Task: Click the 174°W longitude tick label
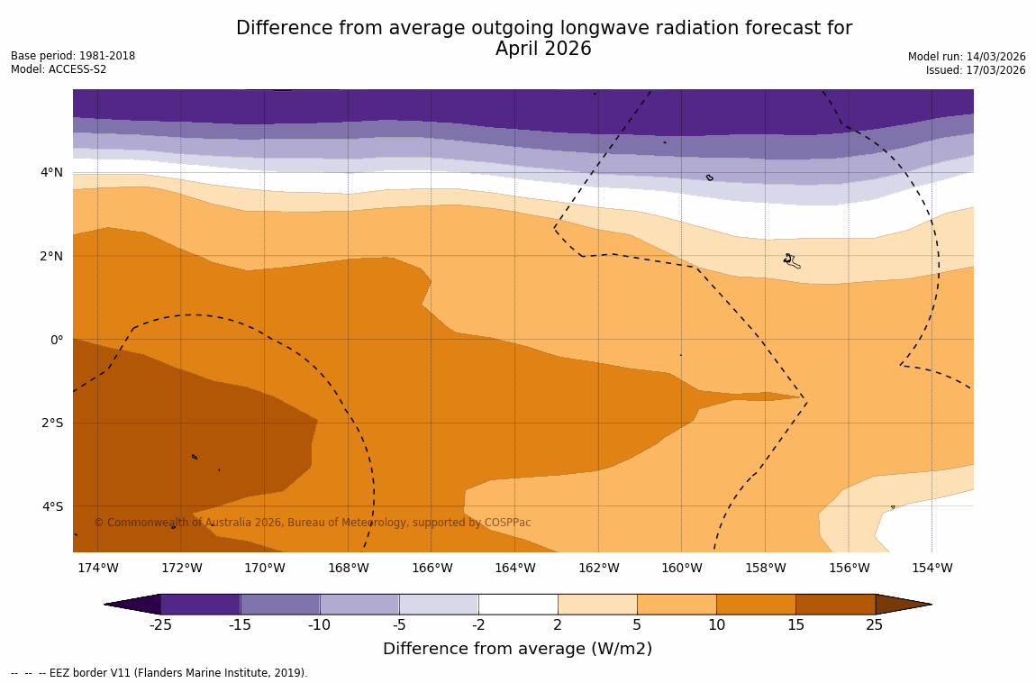97,568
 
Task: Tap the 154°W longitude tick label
931,568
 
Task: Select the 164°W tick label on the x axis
514,568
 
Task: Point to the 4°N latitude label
52,172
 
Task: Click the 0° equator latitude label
57,340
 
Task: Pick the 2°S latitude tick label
52,423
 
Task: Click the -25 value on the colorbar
160,625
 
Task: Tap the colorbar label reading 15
795,625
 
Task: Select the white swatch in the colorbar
518,604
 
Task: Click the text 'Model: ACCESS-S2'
59,69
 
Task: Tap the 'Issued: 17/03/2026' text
976,70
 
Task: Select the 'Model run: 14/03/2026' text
967,57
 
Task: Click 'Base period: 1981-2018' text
73,56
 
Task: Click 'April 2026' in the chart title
543,50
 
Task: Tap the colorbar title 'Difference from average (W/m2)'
517,649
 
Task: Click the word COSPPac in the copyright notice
508,523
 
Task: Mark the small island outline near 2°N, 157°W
791,261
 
